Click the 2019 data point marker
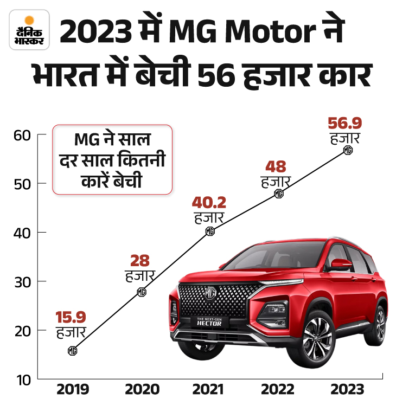(73, 351)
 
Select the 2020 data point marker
(141, 292)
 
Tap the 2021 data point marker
(210, 231)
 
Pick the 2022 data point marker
(279, 194)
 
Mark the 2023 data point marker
(348, 150)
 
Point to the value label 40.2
(209, 203)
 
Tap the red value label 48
(276, 166)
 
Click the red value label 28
(139, 261)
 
